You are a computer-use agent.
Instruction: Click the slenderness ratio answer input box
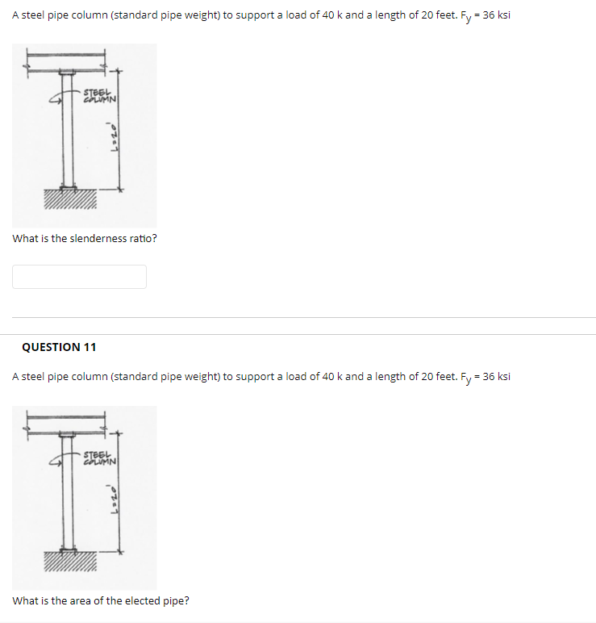point(79,277)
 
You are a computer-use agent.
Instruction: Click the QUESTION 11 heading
point(59,347)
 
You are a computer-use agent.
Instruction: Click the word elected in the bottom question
point(140,600)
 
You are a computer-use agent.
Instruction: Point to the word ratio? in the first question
point(143,239)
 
